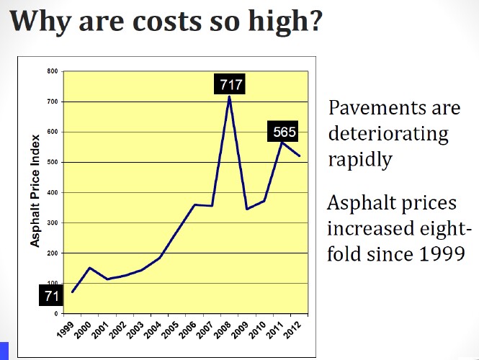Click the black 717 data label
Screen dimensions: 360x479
231,84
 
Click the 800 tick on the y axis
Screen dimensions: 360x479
52,71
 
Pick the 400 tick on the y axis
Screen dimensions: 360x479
52,193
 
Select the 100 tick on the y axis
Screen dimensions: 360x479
52,284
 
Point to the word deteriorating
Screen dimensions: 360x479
388,134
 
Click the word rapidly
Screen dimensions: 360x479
359,159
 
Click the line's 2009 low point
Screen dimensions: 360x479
248,209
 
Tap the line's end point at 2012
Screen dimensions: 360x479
300,156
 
